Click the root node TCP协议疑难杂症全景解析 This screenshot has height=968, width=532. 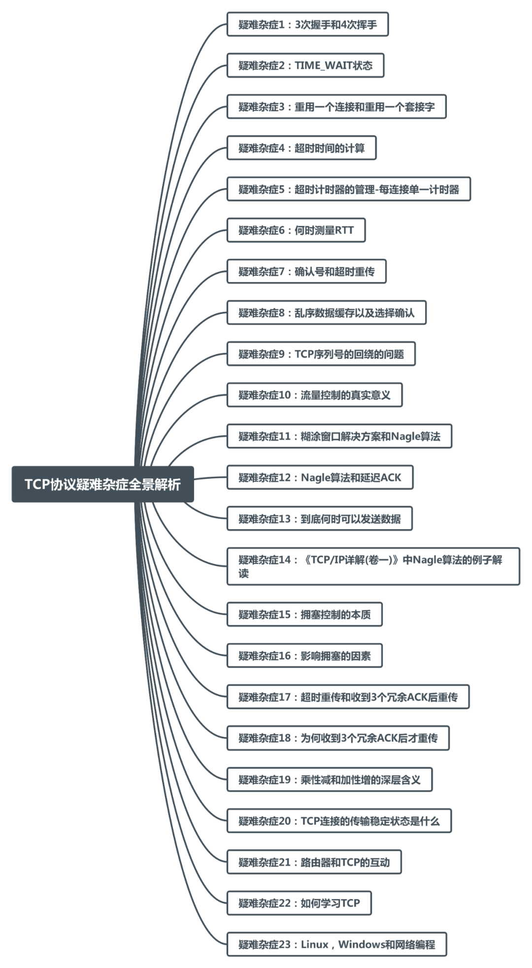(102, 484)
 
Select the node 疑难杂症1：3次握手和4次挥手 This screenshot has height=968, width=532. (307, 25)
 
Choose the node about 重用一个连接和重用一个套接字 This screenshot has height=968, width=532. (336, 107)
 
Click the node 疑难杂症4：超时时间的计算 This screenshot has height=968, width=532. (301, 148)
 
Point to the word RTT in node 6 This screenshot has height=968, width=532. (344, 230)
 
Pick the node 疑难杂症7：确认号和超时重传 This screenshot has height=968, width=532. (306, 272)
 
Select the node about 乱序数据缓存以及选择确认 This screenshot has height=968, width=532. (326, 313)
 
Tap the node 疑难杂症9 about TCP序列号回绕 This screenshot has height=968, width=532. (321, 354)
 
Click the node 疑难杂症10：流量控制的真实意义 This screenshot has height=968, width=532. (314, 395)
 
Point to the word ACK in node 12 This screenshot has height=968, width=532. (391, 478)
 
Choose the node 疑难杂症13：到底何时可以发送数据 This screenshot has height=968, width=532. (319, 519)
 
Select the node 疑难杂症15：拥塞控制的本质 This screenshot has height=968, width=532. (304, 615)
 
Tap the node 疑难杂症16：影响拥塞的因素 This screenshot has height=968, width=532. (304, 656)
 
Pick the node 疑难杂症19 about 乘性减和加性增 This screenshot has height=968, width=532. (329, 780)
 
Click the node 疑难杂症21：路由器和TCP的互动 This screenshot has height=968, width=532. (314, 862)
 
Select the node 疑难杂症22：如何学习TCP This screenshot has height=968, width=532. (299, 903)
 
